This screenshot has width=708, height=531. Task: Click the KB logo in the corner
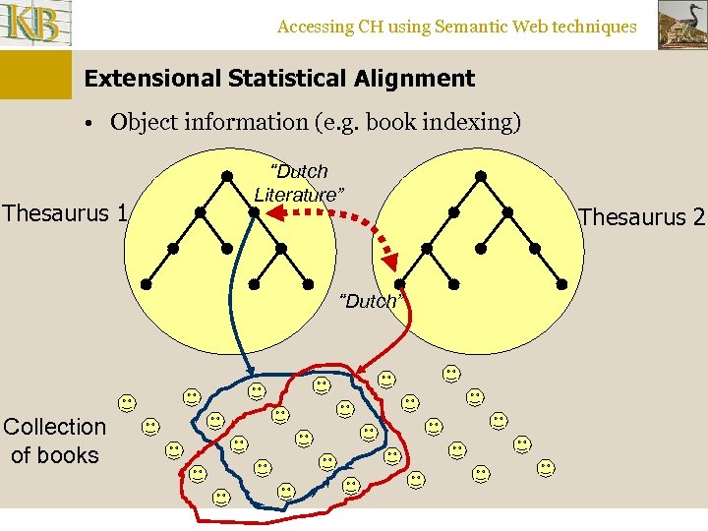click(36, 24)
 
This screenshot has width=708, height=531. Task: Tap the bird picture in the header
click(680, 25)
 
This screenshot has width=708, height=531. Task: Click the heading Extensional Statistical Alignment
click(279, 79)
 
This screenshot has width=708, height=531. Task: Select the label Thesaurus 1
click(65, 211)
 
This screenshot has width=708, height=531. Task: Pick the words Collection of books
click(54, 441)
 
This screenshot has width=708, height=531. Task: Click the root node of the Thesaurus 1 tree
click(227, 176)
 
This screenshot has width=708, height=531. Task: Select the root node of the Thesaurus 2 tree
click(481, 176)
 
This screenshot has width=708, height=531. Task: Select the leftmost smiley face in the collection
click(127, 402)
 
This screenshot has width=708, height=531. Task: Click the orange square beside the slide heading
click(35, 75)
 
